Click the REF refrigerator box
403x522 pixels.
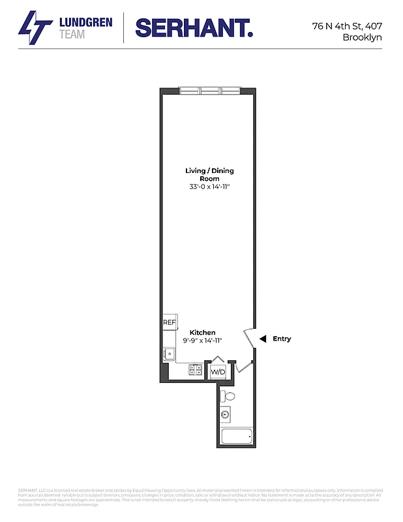click(170, 322)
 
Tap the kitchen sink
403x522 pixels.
click(170, 354)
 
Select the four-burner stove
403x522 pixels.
click(195, 370)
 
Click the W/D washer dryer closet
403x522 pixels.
click(217, 371)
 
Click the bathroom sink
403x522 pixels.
click(226, 413)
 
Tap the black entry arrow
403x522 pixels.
click(262, 339)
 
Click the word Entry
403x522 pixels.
click(282, 339)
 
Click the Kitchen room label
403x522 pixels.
click(202, 332)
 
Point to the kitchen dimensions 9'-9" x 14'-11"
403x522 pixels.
click(202, 340)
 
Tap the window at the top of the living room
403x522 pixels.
click(211, 90)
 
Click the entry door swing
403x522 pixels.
click(250, 339)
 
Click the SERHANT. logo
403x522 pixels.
click(194, 27)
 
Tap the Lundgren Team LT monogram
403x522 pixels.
click(35, 28)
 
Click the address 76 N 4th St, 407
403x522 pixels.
click(347, 26)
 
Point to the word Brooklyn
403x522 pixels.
click(362, 37)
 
